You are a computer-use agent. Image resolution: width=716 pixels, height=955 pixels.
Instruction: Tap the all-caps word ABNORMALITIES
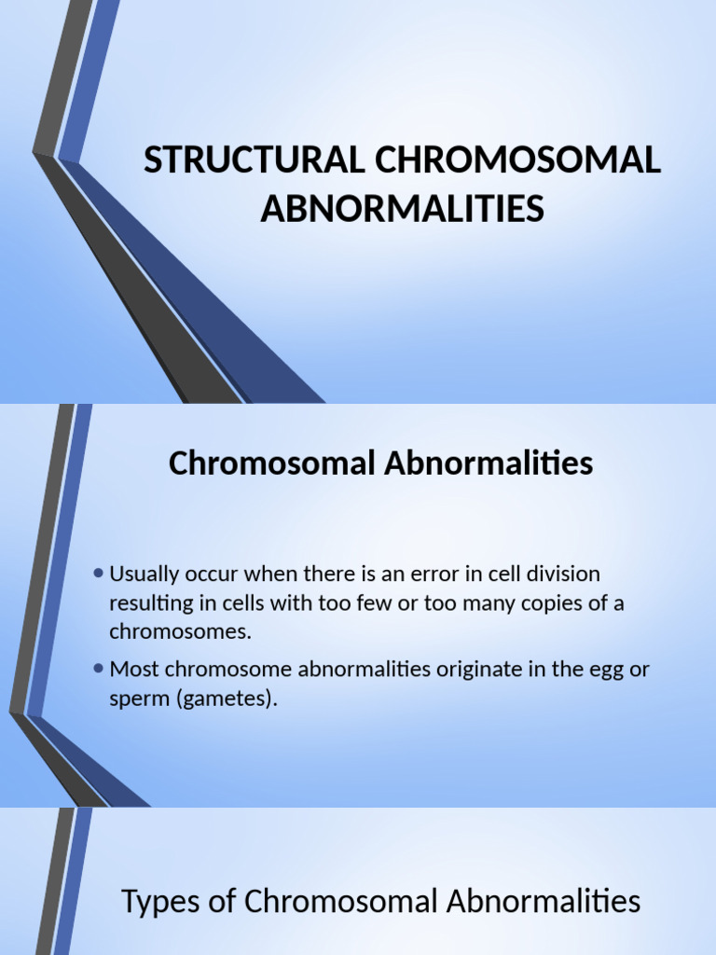click(x=402, y=209)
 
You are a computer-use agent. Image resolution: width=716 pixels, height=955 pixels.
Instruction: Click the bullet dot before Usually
click(x=99, y=573)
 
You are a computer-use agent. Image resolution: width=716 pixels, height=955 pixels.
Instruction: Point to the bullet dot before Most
click(x=99, y=668)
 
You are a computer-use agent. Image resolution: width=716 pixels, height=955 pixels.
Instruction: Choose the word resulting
click(x=147, y=602)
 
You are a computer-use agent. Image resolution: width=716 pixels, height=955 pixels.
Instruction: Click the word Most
click(x=131, y=669)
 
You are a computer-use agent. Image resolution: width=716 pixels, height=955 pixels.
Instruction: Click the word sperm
click(x=137, y=699)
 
